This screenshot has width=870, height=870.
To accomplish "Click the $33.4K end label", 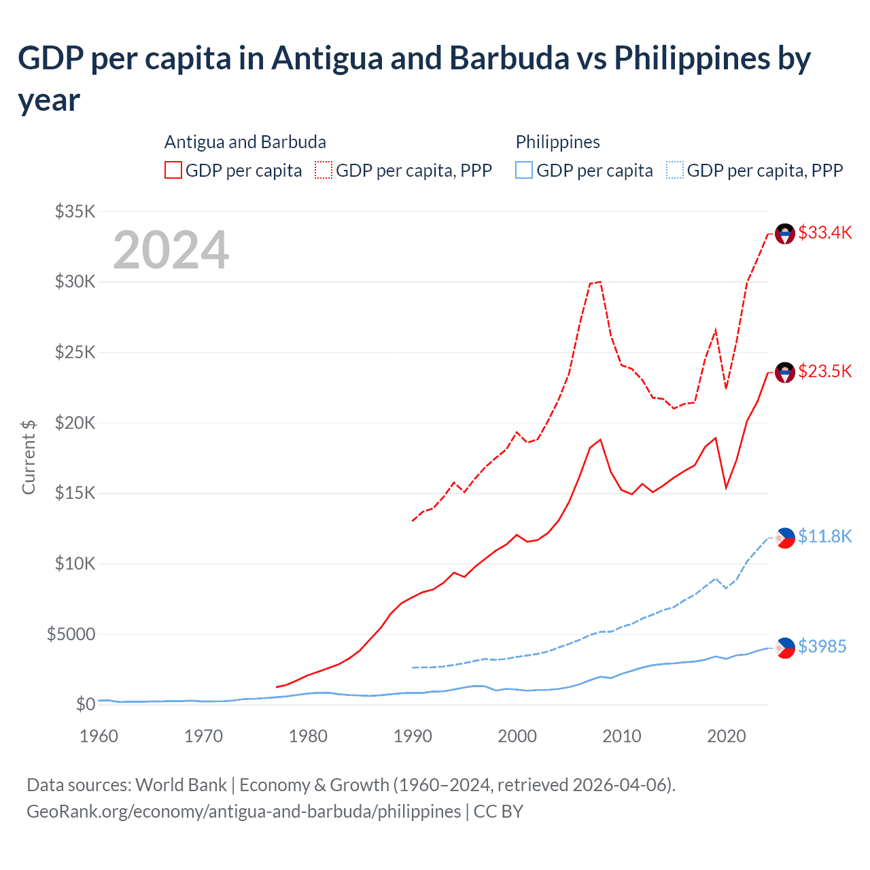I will pyautogui.click(x=824, y=232).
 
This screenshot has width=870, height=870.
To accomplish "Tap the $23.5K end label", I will pyautogui.click(x=824, y=371).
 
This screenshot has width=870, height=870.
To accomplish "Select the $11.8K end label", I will pyautogui.click(x=824, y=536).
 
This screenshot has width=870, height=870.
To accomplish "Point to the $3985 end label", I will pyautogui.click(x=822, y=646).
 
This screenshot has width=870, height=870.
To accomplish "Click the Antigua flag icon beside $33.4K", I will pyautogui.click(x=785, y=234).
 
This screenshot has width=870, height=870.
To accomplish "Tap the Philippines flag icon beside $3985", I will pyautogui.click(x=785, y=648).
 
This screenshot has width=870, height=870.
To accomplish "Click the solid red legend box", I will pyautogui.click(x=173, y=170).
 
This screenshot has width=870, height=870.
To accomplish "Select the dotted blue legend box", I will pyautogui.click(x=675, y=170).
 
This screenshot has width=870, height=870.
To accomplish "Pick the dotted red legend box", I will pyautogui.click(x=324, y=170).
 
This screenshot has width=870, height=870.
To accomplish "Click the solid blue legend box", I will pyautogui.click(x=524, y=170).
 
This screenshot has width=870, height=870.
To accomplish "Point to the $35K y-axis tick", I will pyautogui.click(x=75, y=211).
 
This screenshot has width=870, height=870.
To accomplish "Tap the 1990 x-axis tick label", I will pyautogui.click(x=413, y=736).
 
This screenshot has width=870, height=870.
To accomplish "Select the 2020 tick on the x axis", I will pyautogui.click(x=727, y=736).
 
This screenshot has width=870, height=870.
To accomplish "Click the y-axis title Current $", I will pyautogui.click(x=29, y=457).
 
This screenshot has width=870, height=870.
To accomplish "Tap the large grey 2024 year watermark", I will pyautogui.click(x=171, y=250).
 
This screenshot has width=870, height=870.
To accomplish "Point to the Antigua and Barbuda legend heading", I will pyautogui.click(x=245, y=142).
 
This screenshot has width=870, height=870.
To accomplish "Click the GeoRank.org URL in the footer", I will pyautogui.click(x=243, y=812).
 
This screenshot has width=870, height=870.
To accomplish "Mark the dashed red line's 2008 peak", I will pyautogui.click(x=600, y=281).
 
